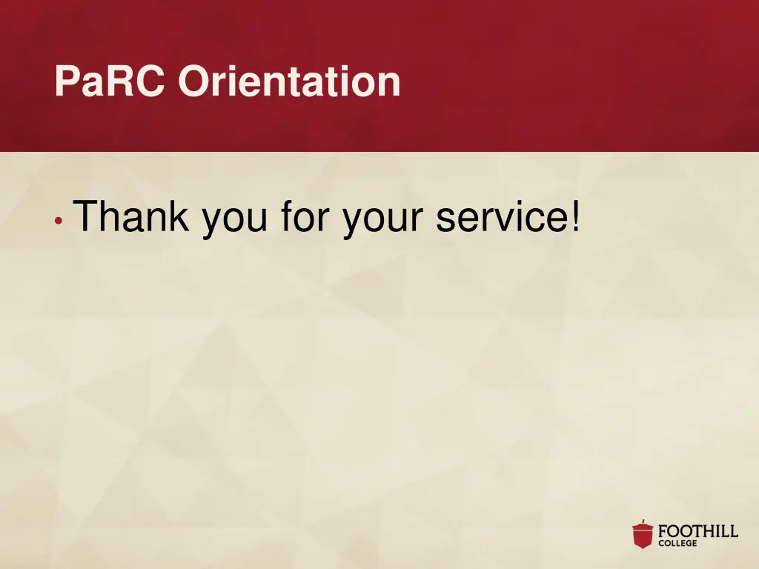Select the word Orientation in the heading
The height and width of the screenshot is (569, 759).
(x=289, y=81)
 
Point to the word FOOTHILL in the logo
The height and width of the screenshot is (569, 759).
(x=698, y=531)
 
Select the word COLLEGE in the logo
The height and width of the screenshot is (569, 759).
(x=677, y=544)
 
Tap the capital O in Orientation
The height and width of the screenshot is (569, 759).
(x=192, y=81)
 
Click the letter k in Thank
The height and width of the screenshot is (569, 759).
(x=179, y=217)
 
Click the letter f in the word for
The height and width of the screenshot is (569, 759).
(x=287, y=217)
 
